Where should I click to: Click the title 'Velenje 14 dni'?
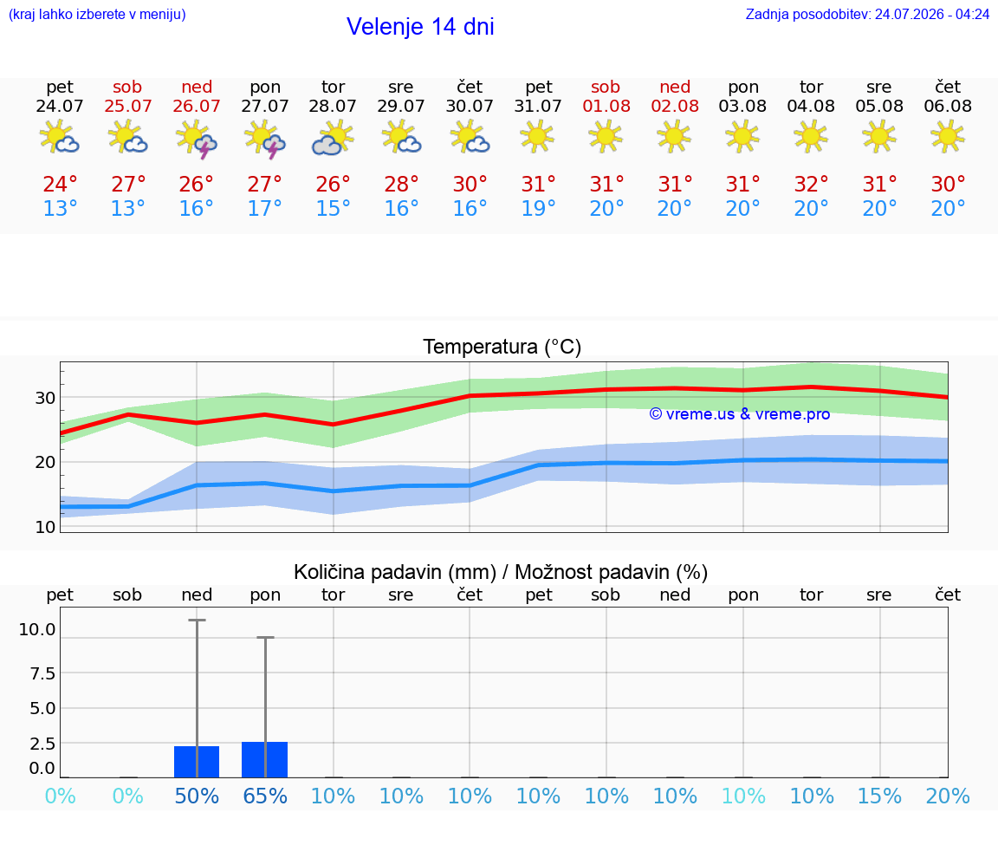(x=420, y=27)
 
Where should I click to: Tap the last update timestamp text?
(x=867, y=15)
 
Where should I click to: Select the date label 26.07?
(x=197, y=106)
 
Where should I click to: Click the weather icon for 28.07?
(x=333, y=137)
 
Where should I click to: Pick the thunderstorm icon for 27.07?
(x=265, y=138)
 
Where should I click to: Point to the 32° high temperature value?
(x=811, y=184)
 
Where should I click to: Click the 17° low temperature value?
(x=265, y=208)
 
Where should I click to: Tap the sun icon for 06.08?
(x=948, y=136)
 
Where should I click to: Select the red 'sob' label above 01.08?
(x=606, y=87)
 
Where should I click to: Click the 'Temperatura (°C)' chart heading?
(x=502, y=347)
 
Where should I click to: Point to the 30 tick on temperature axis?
(x=45, y=398)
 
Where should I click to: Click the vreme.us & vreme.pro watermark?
(x=740, y=414)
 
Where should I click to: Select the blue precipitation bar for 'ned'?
(x=197, y=762)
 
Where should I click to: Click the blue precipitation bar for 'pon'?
(x=265, y=760)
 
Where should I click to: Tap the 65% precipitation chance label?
(x=265, y=796)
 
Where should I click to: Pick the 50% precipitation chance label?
(x=197, y=796)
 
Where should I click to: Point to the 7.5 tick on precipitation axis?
(x=42, y=673)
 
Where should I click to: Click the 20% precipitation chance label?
(x=948, y=796)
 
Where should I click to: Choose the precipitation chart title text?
(x=501, y=572)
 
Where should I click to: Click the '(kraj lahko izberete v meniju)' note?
(x=97, y=15)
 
